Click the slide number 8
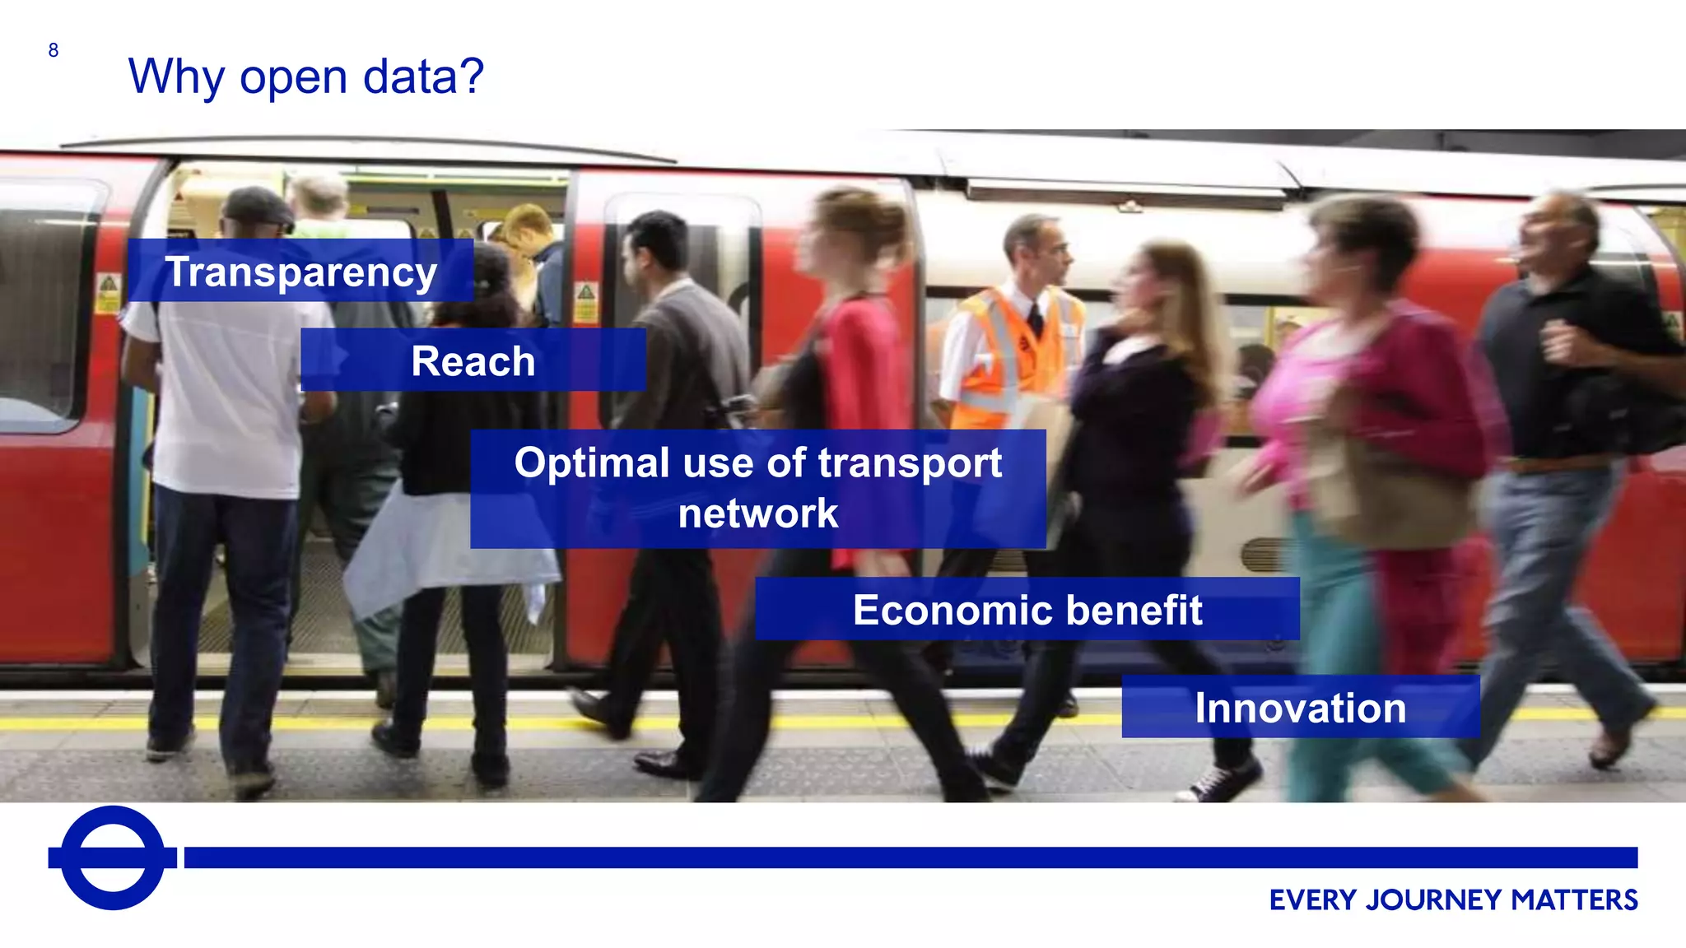(x=54, y=51)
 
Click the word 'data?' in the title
(x=423, y=77)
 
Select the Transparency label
(x=300, y=272)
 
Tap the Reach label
(x=473, y=361)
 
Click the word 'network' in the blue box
(x=758, y=513)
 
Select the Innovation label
(x=1301, y=709)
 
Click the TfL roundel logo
(x=113, y=857)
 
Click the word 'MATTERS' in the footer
(x=1574, y=900)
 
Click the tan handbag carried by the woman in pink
(x=1391, y=486)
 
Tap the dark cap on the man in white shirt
(x=258, y=206)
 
